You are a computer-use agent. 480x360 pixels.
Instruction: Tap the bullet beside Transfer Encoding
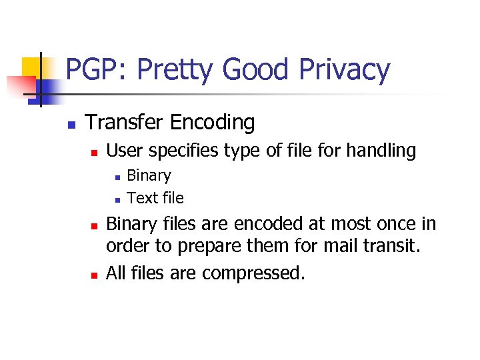(71, 125)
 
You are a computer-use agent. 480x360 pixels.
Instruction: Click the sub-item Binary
(149, 175)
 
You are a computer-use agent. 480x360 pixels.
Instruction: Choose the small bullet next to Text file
(116, 199)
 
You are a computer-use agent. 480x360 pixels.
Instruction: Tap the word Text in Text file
(139, 198)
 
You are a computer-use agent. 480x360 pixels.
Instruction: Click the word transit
(395, 246)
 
